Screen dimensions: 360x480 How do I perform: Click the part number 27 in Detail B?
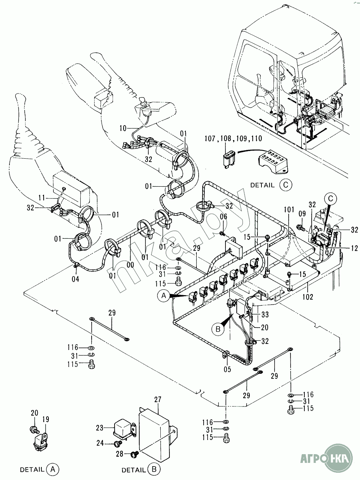click(x=157, y=400)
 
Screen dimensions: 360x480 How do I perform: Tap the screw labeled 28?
click(x=133, y=453)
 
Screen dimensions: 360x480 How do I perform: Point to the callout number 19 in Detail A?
click(x=46, y=419)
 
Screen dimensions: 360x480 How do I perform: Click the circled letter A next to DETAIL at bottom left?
click(x=53, y=469)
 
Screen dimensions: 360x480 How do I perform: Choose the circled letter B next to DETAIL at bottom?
click(x=154, y=469)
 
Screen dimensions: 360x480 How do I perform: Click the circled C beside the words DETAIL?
click(x=286, y=185)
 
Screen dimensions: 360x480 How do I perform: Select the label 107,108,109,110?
click(x=233, y=138)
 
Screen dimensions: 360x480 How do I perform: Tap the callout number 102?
click(x=308, y=297)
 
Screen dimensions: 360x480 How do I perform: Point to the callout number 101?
click(x=289, y=210)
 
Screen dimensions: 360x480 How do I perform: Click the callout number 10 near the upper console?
click(x=123, y=128)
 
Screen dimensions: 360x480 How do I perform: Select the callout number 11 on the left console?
click(x=41, y=198)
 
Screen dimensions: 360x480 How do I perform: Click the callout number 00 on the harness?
click(x=131, y=265)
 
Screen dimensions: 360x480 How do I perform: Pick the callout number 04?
click(x=75, y=279)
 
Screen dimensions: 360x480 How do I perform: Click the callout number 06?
click(x=224, y=217)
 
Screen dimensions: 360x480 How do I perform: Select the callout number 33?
click(x=265, y=314)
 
